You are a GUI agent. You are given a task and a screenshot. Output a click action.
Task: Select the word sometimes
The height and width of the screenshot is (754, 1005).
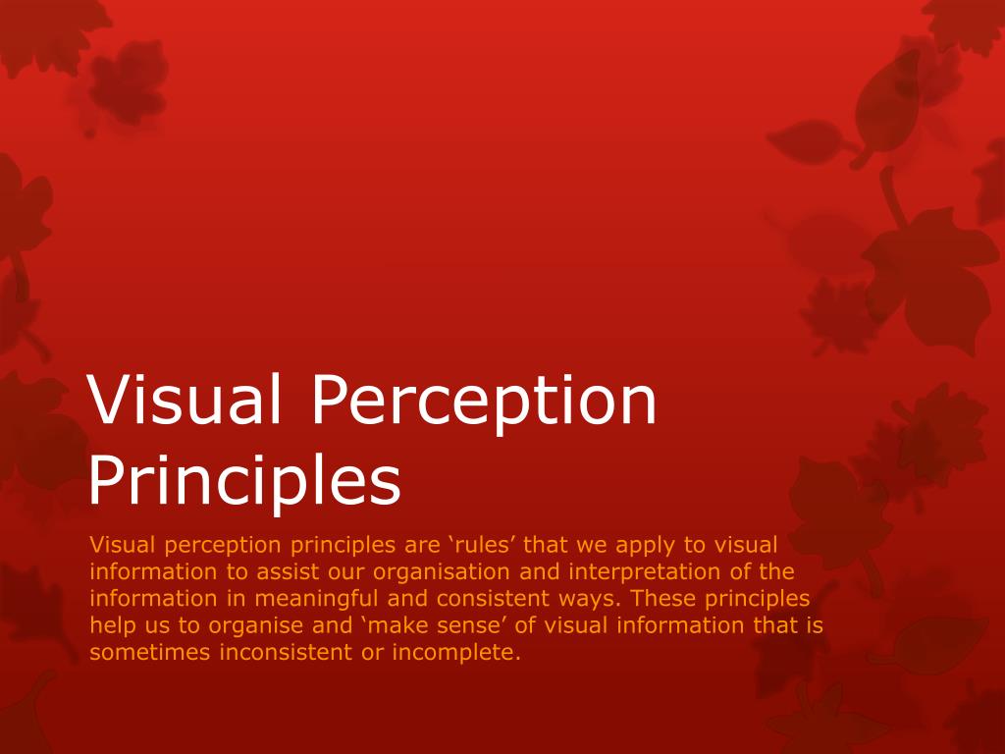coord(149,652)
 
